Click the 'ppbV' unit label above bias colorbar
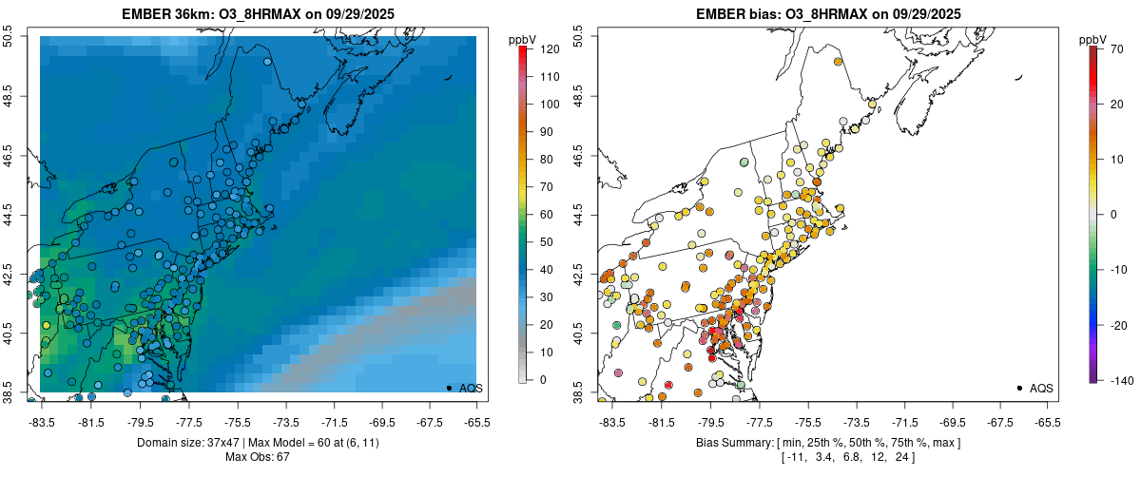[x=1093, y=39]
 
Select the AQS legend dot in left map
[x=449, y=388]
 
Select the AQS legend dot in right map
[x=1019, y=388]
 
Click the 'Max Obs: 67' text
[x=258, y=457]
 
